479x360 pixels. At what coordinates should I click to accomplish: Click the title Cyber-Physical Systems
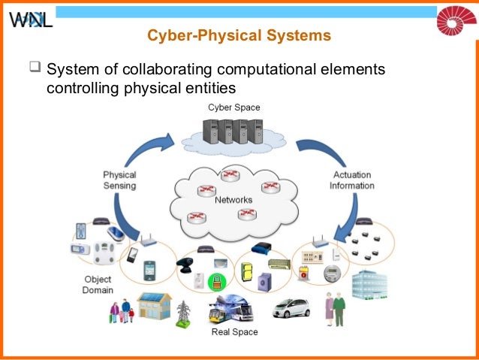point(239,36)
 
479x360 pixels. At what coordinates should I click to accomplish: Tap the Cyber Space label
point(234,107)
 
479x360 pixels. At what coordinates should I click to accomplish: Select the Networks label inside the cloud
point(233,200)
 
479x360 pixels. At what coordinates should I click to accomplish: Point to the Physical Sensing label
point(119,180)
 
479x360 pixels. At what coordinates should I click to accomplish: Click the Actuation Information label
point(351,180)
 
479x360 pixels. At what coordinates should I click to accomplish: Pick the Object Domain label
point(98,285)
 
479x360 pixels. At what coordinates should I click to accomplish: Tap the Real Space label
point(234,331)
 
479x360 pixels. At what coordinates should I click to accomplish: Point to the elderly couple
point(334,308)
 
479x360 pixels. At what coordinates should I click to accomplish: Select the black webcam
point(186,265)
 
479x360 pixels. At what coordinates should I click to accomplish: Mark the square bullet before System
point(34,70)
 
